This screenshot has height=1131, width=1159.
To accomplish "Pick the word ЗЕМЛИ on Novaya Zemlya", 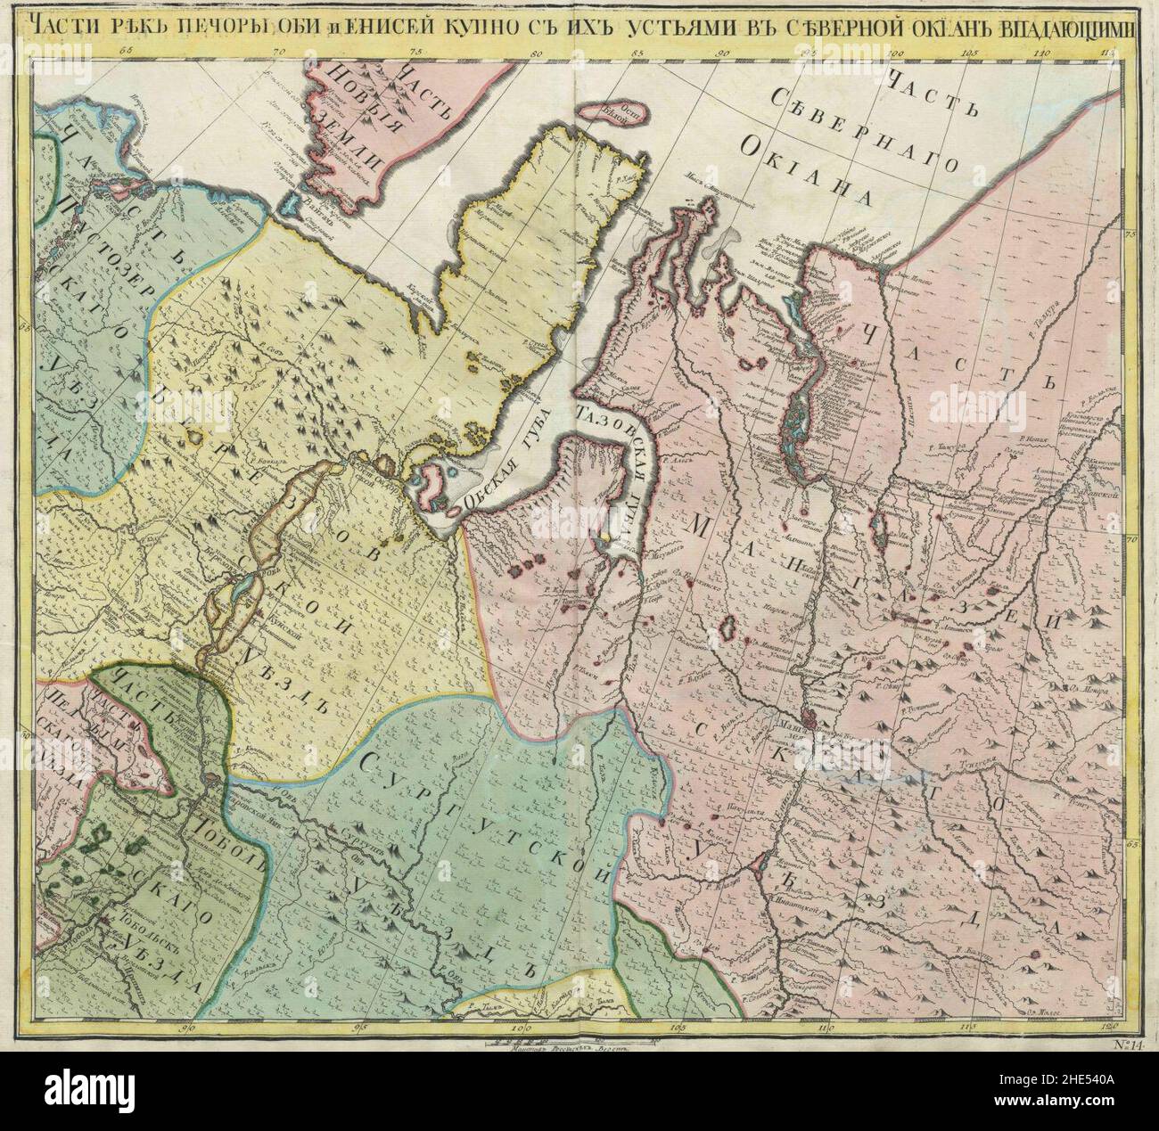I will point(353,143).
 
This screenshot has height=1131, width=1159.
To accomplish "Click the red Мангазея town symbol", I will point(807,715).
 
